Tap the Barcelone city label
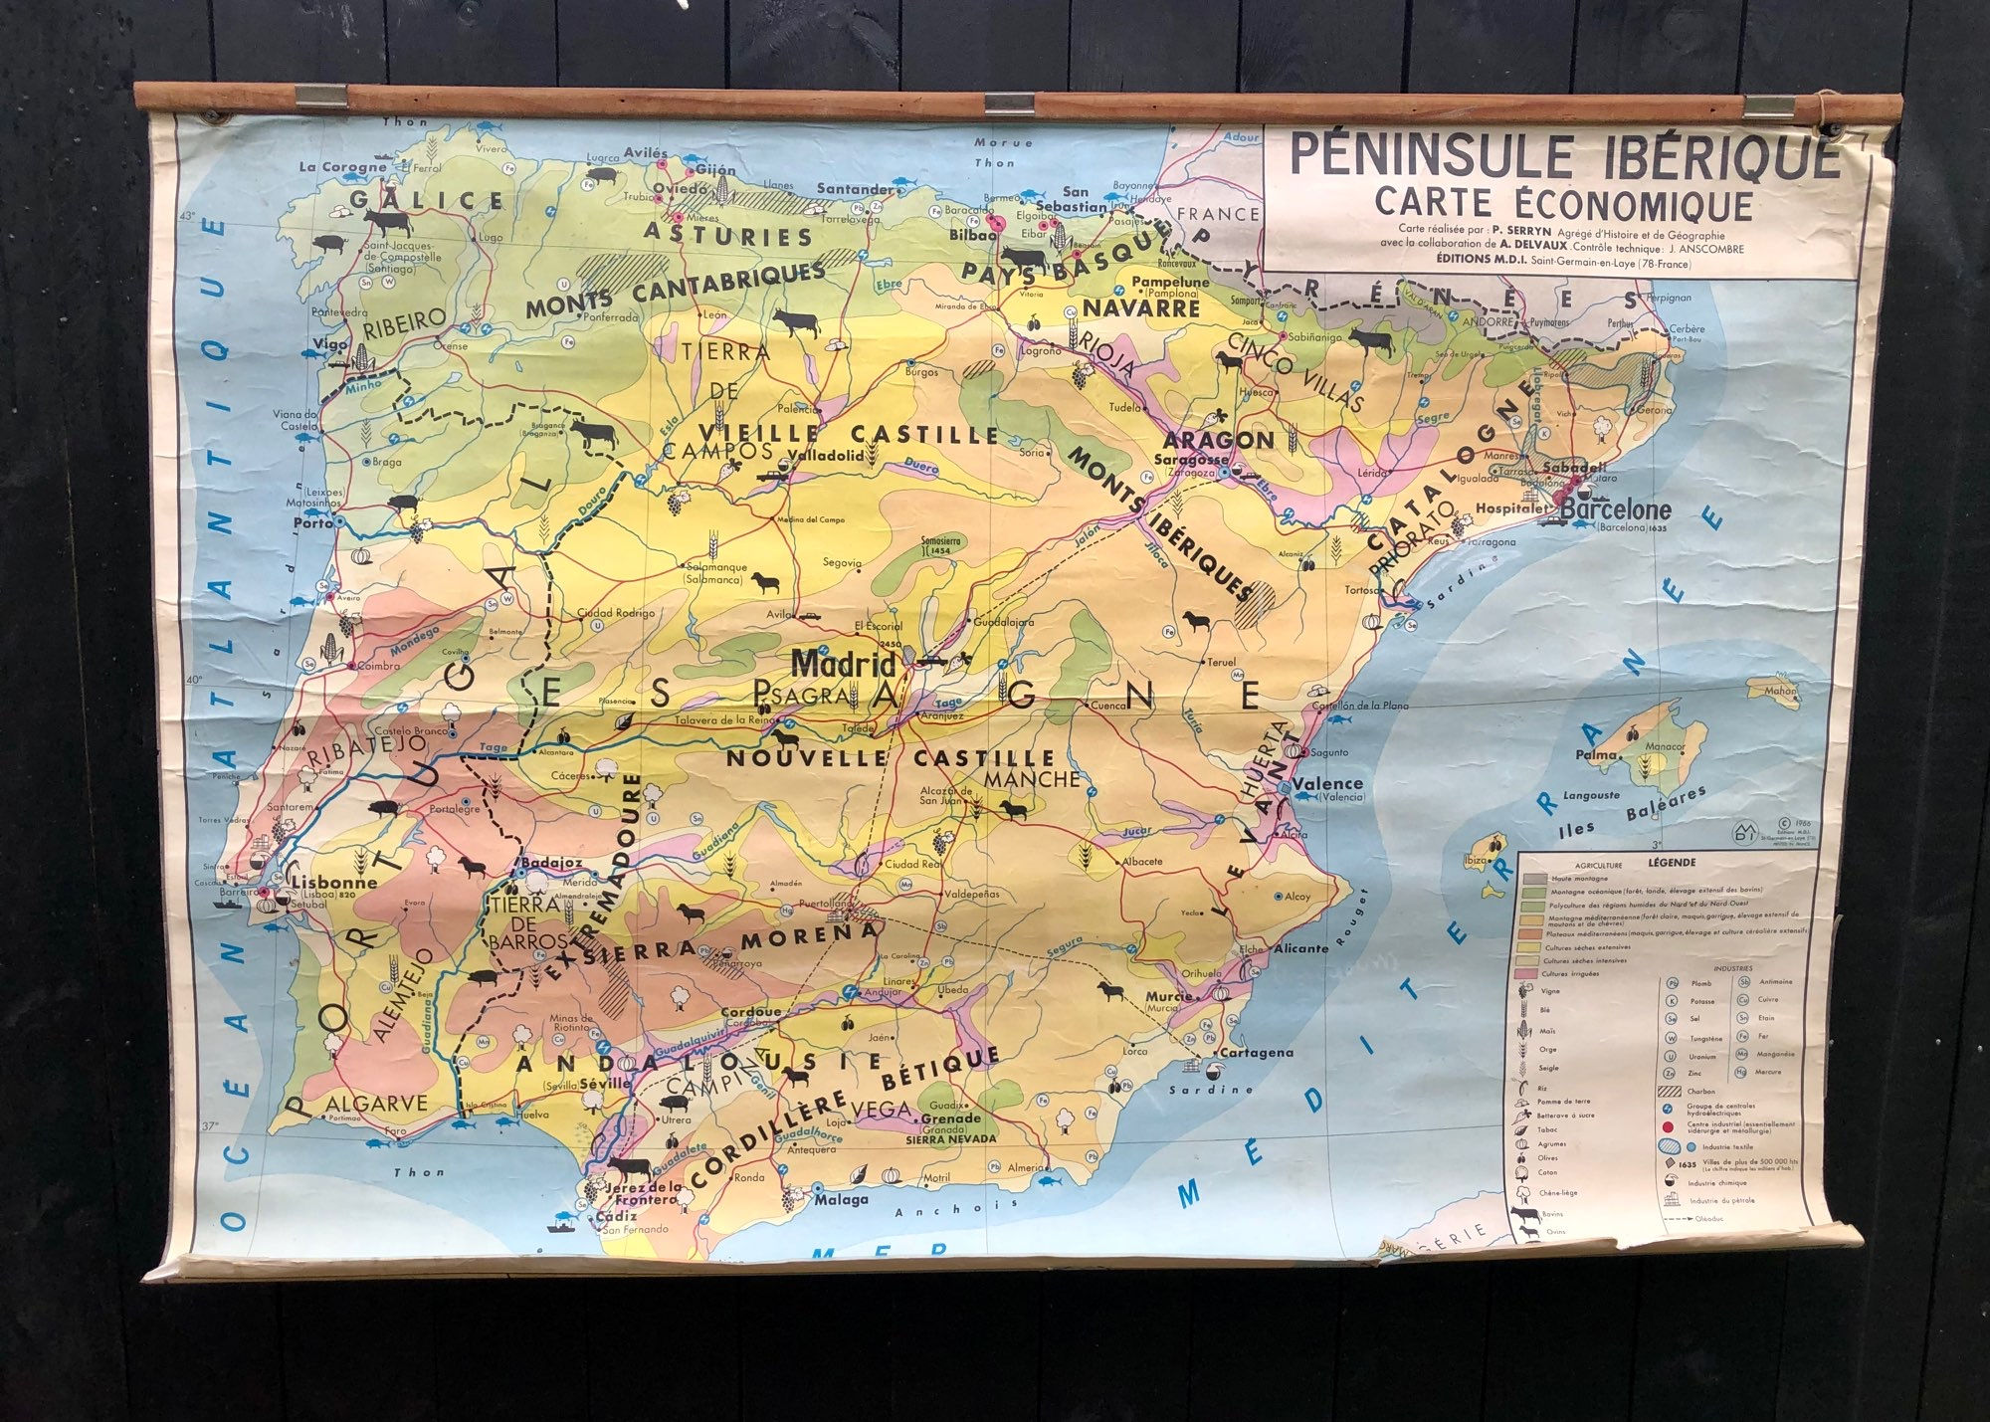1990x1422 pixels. [x=1617, y=509]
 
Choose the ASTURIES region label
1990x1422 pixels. [x=729, y=235]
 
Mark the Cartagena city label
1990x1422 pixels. [x=1256, y=1052]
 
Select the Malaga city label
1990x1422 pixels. [x=842, y=1199]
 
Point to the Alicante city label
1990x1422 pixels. [x=1300, y=948]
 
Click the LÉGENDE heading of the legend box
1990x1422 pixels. [x=1672, y=863]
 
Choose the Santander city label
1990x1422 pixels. [x=855, y=189]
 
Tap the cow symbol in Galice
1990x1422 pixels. [x=386, y=221]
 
